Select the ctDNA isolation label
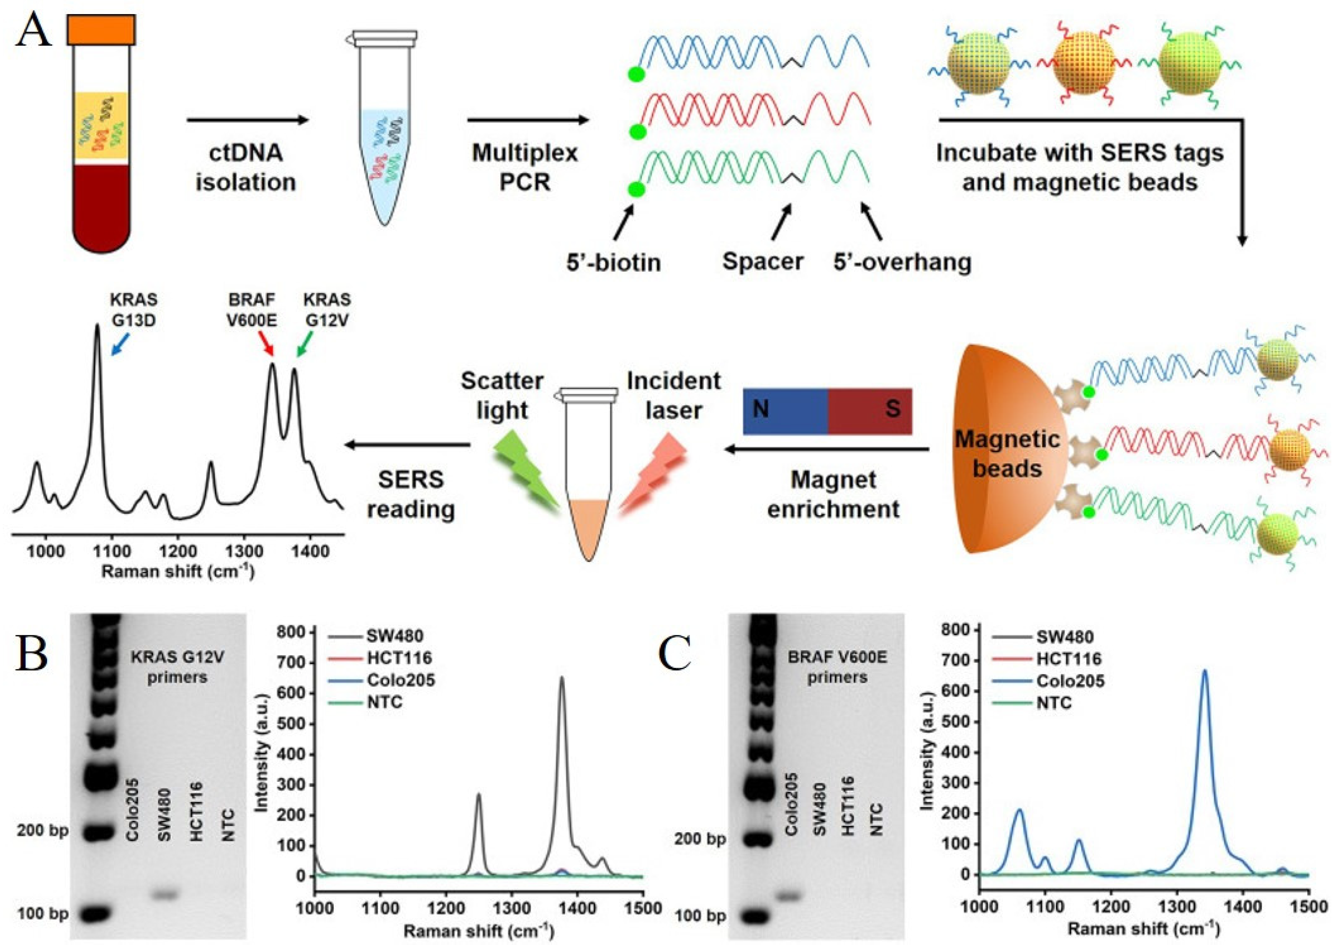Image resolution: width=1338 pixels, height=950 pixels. [x=246, y=168]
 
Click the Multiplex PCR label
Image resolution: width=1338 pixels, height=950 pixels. [x=525, y=168]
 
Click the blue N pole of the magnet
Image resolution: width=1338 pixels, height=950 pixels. [x=784, y=411]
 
